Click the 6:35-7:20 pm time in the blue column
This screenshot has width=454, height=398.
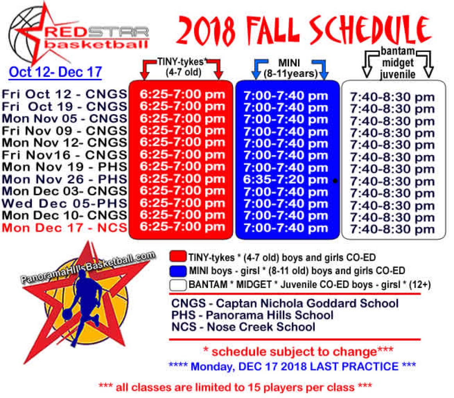(286, 180)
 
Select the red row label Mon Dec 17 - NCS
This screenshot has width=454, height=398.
(65, 228)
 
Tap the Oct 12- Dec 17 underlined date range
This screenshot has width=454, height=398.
(55, 72)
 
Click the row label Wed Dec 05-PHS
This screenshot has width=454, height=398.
(65, 203)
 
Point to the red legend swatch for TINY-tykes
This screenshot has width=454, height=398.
(178, 257)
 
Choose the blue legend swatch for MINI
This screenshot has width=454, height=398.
(178, 271)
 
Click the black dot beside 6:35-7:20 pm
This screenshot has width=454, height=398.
(335, 181)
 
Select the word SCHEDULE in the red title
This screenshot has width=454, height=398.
(370, 30)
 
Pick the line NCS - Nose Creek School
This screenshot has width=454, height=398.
(243, 327)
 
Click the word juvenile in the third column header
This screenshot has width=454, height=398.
(397, 74)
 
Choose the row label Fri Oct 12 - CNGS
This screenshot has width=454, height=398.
(65, 94)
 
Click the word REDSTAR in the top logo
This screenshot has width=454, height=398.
(96, 32)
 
